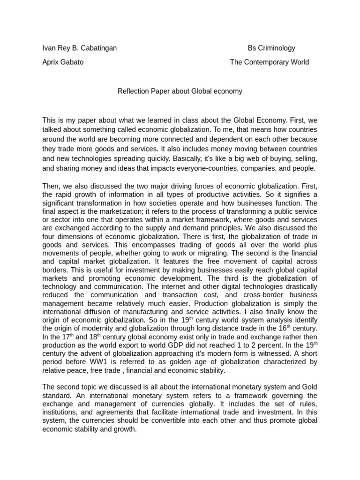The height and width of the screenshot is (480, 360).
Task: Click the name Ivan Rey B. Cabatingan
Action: (x=80, y=48)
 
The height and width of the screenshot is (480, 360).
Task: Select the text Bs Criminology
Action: (x=271, y=48)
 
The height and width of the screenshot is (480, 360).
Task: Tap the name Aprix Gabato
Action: (x=63, y=62)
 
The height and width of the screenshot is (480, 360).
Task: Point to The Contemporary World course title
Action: (x=269, y=62)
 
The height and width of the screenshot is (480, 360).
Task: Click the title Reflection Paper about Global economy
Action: (x=180, y=91)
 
